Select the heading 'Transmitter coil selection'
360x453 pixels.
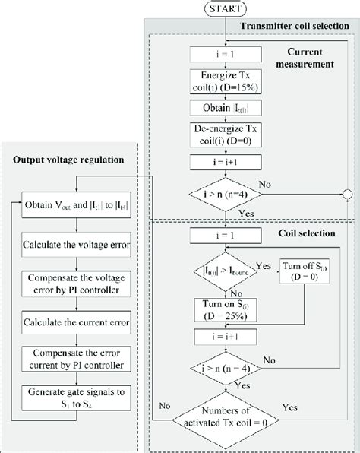[x=295, y=27]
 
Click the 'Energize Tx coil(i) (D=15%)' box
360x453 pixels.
[x=226, y=102]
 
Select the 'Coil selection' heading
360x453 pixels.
[x=308, y=233]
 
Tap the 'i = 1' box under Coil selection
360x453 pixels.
[x=226, y=236]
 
